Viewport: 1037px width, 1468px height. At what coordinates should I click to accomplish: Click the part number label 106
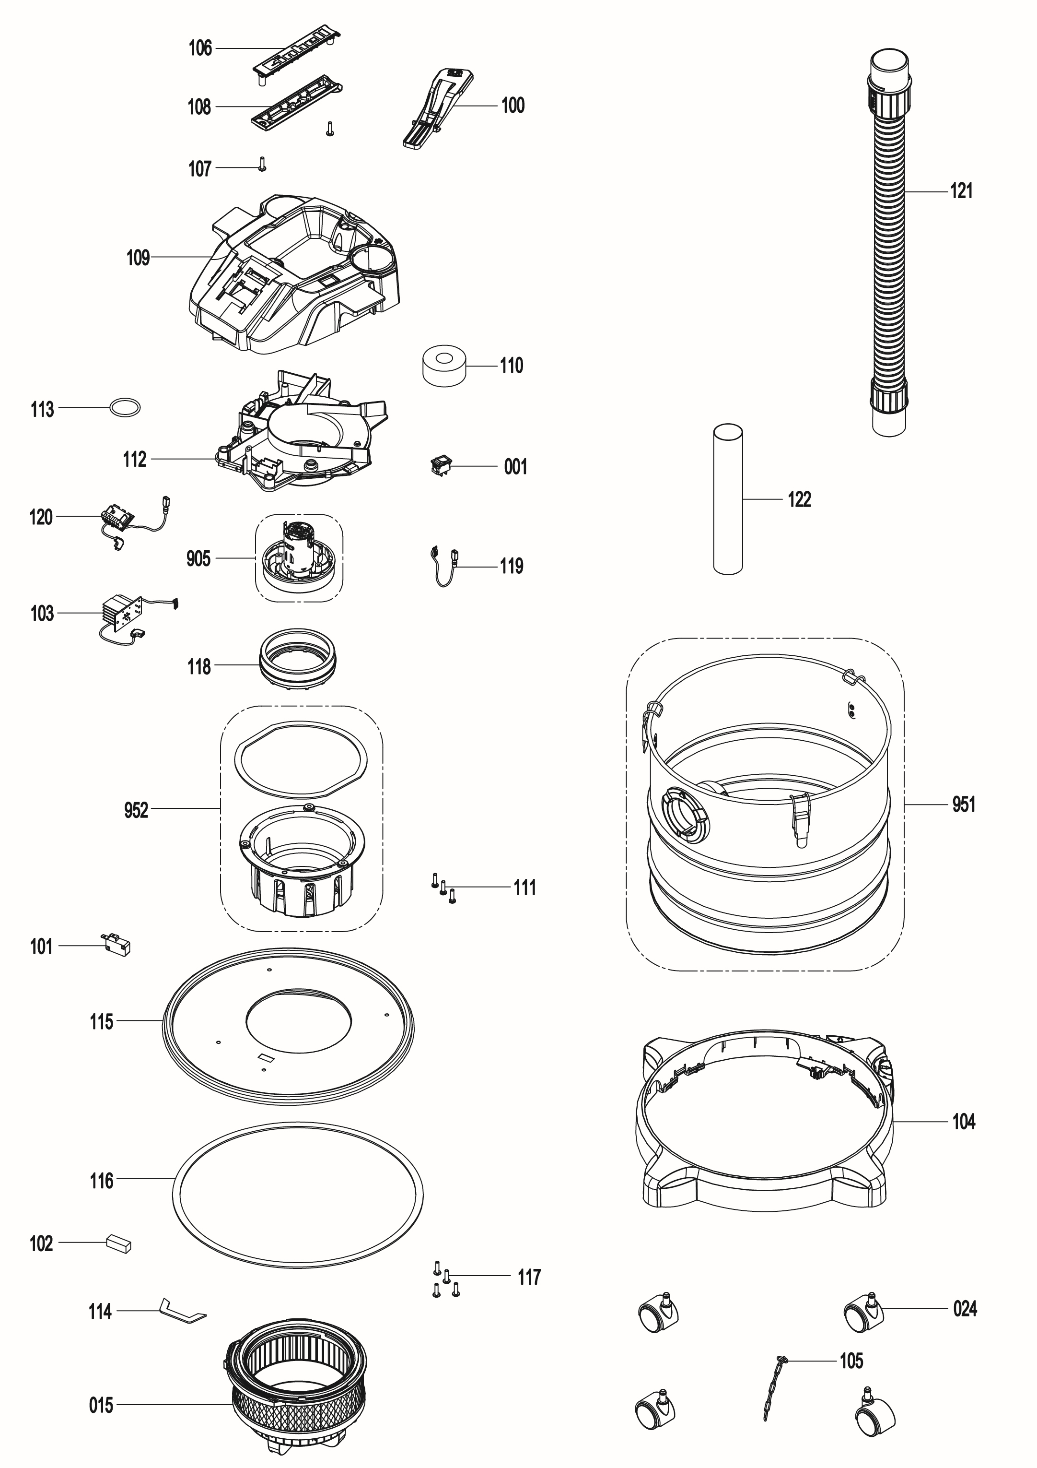200,48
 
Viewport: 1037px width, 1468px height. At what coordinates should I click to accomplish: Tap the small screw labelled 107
261,165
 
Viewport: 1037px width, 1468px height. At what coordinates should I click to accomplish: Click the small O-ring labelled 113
125,407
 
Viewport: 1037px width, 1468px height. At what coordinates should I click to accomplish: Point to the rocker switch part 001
440,466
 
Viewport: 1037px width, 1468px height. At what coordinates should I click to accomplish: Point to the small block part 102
118,1243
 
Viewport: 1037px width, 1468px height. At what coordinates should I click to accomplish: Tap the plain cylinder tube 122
728,499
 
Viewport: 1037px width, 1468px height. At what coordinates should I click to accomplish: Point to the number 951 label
964,805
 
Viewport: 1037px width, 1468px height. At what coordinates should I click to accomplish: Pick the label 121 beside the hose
961,191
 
